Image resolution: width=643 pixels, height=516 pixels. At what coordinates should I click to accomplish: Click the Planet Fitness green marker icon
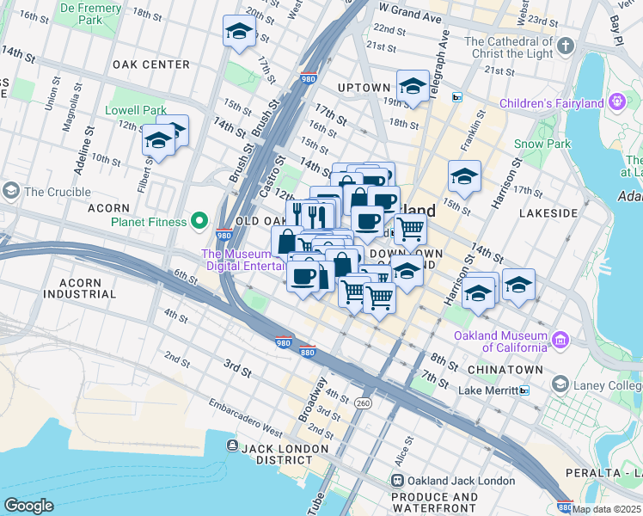(x=199, y=222)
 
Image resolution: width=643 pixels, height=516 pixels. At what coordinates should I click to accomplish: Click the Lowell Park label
(x=135, y=111)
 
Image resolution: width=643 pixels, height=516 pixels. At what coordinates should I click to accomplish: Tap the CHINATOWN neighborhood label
(x=505, y=370)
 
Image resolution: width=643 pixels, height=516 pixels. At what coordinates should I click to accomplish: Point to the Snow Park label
(x=542, y=144)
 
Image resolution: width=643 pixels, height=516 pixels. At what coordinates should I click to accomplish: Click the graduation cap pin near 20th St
(x=238, y=32)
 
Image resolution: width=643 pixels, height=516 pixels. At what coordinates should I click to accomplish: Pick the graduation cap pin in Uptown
(x=413, y=86)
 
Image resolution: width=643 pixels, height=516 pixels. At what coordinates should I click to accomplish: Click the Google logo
(x=28, y=505)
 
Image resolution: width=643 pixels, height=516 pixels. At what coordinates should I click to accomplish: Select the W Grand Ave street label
(x=410, y=17)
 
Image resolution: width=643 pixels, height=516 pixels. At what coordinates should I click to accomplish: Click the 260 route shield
(x=363, y=402)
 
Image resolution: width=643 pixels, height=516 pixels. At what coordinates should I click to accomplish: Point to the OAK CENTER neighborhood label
(x=150, y=64)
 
